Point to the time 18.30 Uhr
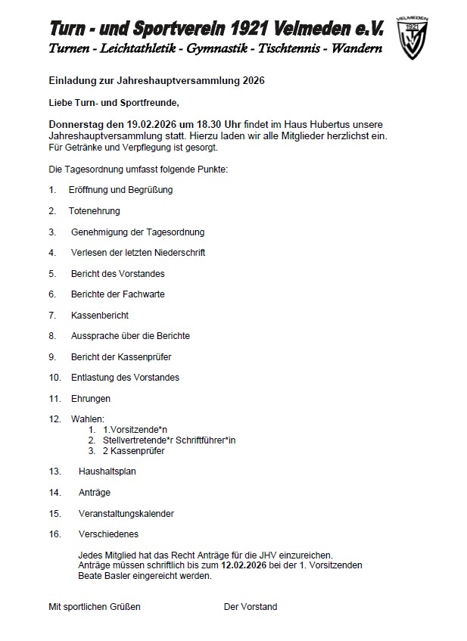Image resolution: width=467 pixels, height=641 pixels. (201, 123)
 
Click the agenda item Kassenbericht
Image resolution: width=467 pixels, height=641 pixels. (99, 315)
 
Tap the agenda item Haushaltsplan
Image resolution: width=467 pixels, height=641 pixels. (107, 471)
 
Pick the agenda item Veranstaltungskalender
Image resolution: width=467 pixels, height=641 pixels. (126, 514)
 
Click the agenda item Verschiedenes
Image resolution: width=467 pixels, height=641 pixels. (108, 534)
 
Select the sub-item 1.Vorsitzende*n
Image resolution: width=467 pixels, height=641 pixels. (137, 430)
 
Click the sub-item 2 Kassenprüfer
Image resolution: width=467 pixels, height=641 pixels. (133, 451)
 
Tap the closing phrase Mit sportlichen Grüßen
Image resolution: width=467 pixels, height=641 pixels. (95, 607)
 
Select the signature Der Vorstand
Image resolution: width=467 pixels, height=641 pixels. (251, 607)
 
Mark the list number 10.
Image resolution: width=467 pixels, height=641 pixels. (54, 377)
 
